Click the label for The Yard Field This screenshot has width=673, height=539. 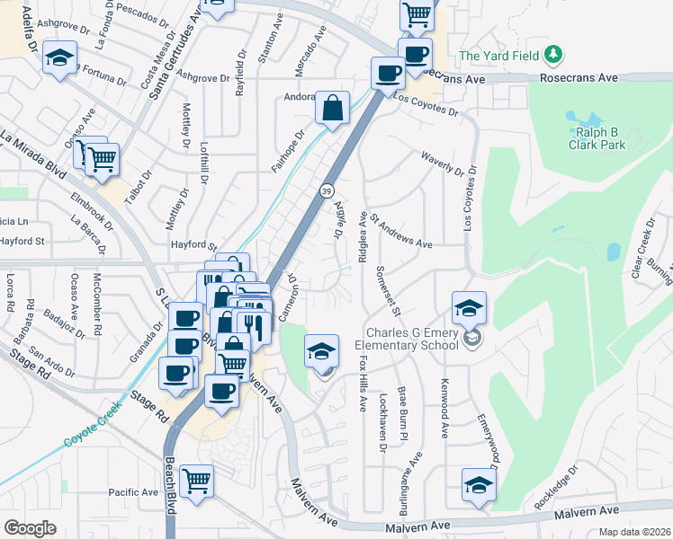499,56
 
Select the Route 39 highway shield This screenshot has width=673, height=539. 325,191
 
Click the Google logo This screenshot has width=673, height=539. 30,527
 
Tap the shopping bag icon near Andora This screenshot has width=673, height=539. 332,109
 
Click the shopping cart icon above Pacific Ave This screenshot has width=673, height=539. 195,480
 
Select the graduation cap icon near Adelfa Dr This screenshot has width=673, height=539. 59,59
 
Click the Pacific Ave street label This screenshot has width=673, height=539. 132,492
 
